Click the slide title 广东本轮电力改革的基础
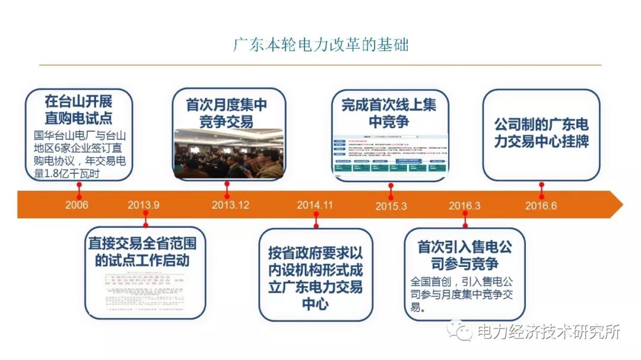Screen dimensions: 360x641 [x=320, y=45]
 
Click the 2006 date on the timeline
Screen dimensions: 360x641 [x=77, y=205]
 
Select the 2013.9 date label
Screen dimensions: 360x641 [x=144, y=205]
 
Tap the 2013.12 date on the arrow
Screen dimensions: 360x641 [x=230, y=205]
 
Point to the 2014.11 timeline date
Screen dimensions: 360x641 [x=315, y=205]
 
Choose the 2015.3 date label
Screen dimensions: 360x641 [x=391, y=206]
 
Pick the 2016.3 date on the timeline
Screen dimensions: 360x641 [x=465, y=206]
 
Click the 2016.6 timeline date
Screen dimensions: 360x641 [x=541, y=205]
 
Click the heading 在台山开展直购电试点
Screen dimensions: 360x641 [x=78, y=109]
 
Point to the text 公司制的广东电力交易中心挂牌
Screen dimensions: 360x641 [x=541, y=133]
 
